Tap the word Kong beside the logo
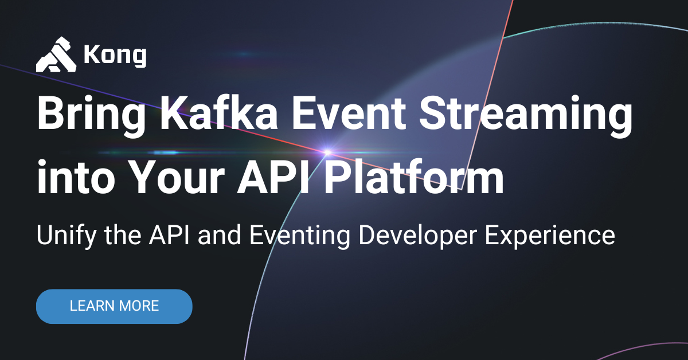(115, 56)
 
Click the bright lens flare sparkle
(327, 152)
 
